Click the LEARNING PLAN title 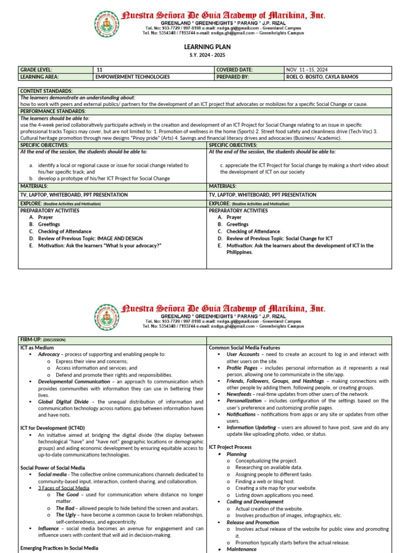click(x=207, y=48)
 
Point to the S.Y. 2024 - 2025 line click(x=207, y=56)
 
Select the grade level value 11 click(x=99, y=70)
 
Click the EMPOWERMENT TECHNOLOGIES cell click(x=132, y=77)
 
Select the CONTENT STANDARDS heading click(x=46, y=91)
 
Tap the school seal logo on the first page click(x=106, y=24)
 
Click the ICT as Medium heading click(x=37, y=348)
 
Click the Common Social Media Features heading click(x=244, y=348)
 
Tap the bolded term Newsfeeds click(x=240, y=394)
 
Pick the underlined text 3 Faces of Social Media click(x=64, y=488)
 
